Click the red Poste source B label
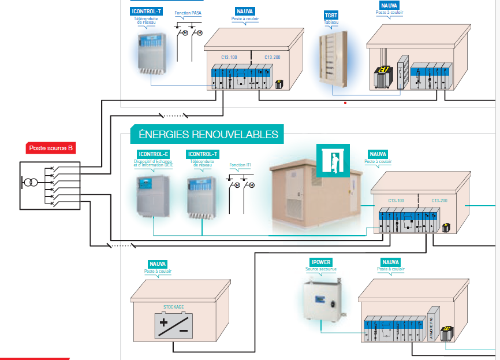(x=51, y=149)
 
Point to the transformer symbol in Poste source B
(x=29, y=183)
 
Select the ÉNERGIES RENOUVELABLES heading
(x=208, y=135)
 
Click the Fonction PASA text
(x=188, y=12)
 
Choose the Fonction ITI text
(x=240, y=165)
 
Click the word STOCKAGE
(x=174, y=307)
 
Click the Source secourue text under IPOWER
(x=320, y=269)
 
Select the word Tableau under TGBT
(x=331, y=23)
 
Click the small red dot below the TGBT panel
(x=345, y=103)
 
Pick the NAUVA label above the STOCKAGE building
(x=158, y=264)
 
